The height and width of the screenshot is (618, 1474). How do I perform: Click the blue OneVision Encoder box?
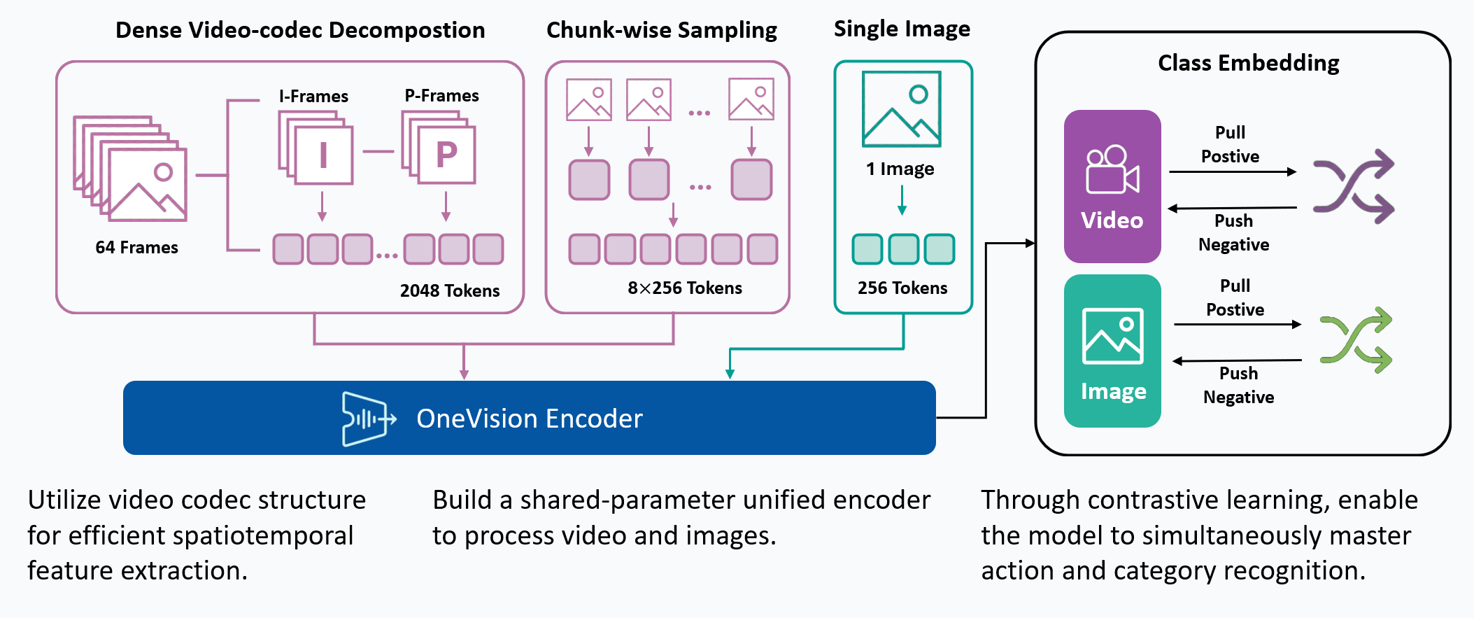coord(529,418)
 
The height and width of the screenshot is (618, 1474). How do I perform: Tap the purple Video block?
coord(1112,186)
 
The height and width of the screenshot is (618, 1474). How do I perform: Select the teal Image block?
coord(1112,351)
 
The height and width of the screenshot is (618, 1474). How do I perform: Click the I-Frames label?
coord(313,96)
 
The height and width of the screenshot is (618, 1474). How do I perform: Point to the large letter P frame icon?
coord(446,155)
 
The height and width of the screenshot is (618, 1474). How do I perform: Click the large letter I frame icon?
coord(323,155)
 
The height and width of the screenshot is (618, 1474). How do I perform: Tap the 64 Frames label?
coord(137,247)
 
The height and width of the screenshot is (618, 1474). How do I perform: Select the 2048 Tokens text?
coord(450,290)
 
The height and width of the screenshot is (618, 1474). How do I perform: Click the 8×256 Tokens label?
coord(684,288)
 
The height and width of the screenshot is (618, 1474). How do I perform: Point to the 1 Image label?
coord(900,169)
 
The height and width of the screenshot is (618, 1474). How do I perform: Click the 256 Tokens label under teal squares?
coord(902,288)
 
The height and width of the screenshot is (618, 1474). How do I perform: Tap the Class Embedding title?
coord(1248,63)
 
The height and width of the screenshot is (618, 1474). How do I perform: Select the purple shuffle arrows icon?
coord(1353,186)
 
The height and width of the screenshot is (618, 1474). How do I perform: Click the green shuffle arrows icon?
coord(1355,340)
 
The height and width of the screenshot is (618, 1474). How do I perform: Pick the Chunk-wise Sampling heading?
coord(661,30)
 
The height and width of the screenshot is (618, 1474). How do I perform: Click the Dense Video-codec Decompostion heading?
coord(300,30)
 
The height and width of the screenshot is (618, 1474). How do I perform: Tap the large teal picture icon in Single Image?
coord(901,109)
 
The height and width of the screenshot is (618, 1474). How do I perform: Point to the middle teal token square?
coord(903,249)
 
